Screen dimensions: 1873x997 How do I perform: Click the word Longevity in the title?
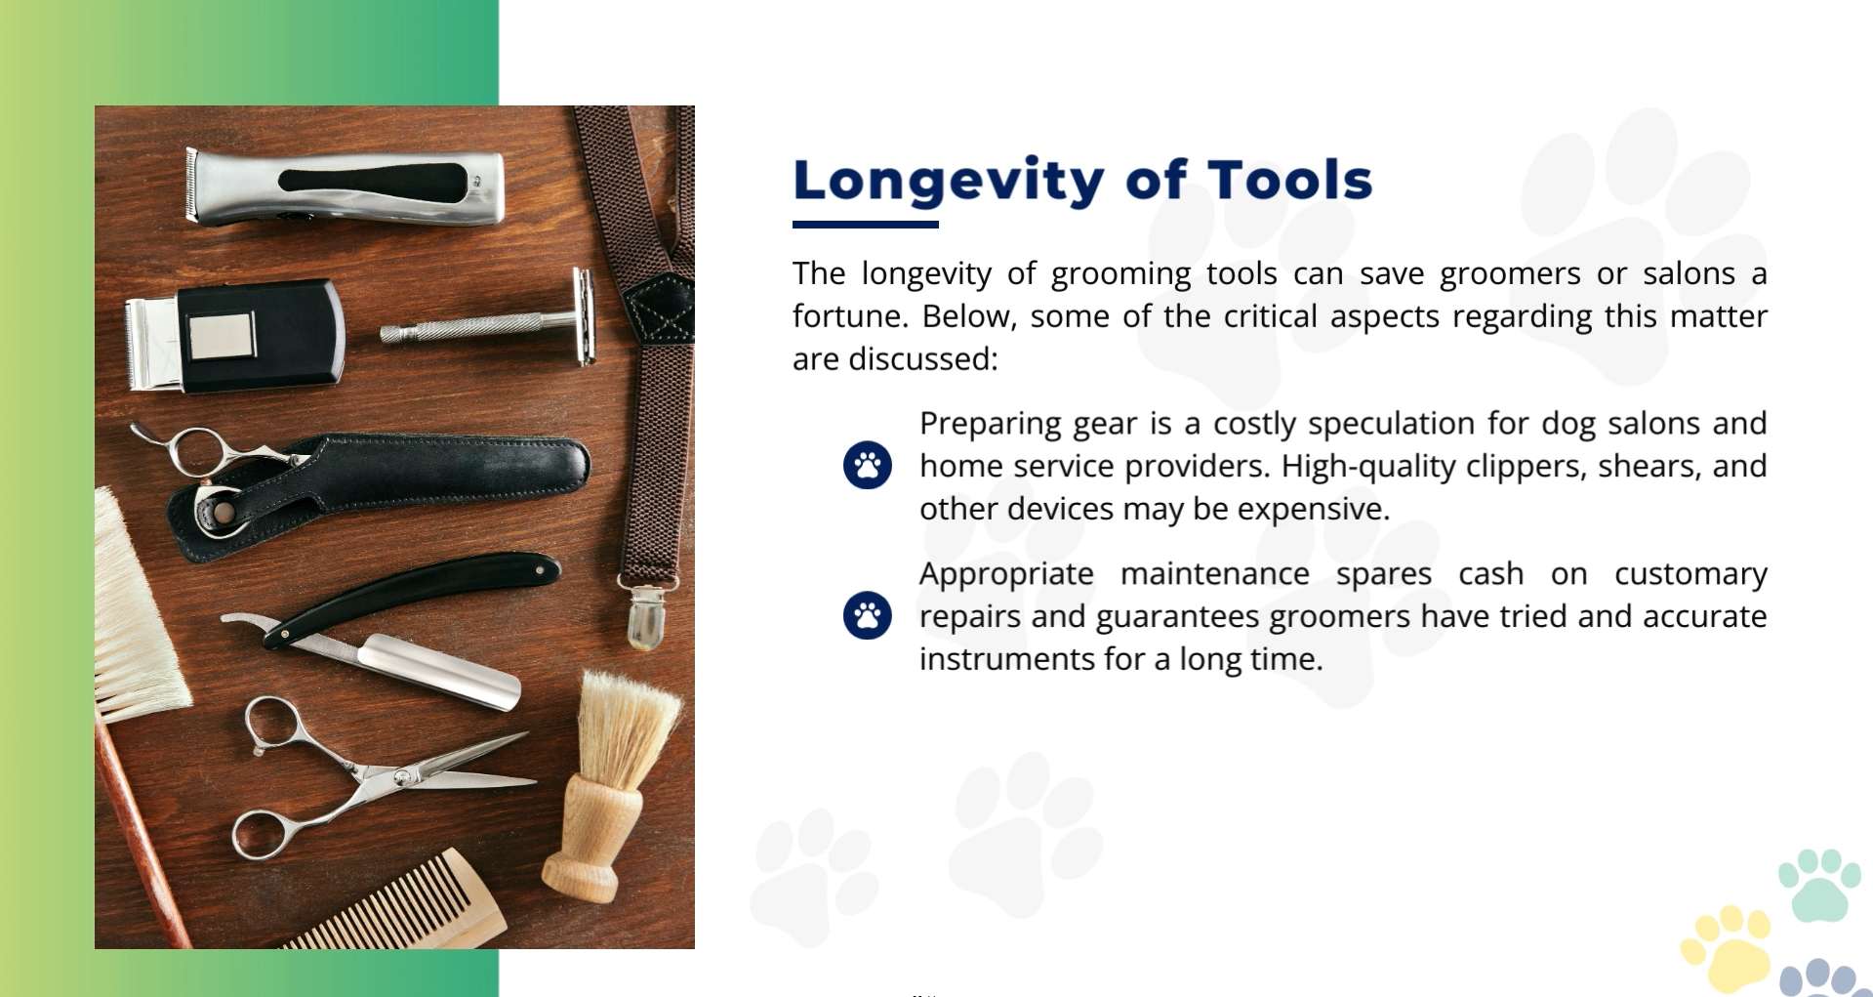click(949, 182)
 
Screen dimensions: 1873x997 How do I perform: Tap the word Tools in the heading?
click(1289, 181)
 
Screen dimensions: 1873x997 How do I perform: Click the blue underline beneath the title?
click(866, 225)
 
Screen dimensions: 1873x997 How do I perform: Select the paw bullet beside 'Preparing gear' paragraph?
click(868, 465)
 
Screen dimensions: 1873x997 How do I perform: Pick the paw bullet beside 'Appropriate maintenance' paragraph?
click(868, 615)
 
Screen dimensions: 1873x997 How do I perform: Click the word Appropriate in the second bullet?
click(1006, 575)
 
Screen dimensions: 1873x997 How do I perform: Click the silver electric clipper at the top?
click(346, 186)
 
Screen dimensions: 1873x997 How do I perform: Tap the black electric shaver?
click(235, 336)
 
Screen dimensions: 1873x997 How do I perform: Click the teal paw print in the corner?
click(1818, 884)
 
